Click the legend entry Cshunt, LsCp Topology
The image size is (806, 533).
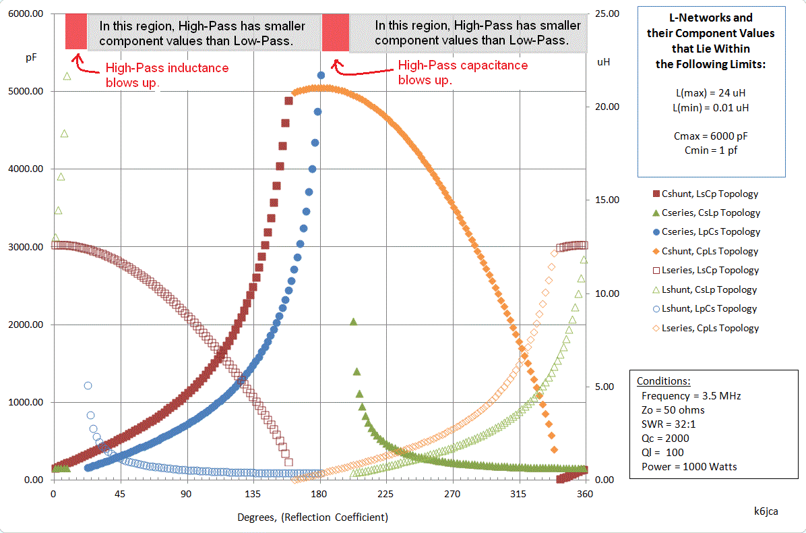click(x=710, y=194)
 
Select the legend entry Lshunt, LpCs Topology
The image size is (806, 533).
click(x=710, y=308)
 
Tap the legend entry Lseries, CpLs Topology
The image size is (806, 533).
click(x=710, y=328)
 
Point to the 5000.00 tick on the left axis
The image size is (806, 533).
click(x=26, y=91)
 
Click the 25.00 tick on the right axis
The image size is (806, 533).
click(x=604, y=13)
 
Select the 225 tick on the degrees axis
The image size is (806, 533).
click(x=386, y=494)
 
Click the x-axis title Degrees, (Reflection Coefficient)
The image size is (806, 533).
click(x=313, y=517)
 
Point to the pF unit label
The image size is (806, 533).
click(x=31, y=58)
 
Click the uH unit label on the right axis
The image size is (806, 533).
click(x=604, y=62)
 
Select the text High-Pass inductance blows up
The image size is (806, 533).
click(x=167, y=75)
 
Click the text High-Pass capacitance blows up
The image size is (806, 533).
click(x=463, y=72)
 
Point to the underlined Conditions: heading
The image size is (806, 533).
click(x=663, y=381)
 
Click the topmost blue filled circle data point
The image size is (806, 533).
click(x=321, y=76)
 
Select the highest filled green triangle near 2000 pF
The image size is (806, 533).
click(x=353, y=321)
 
